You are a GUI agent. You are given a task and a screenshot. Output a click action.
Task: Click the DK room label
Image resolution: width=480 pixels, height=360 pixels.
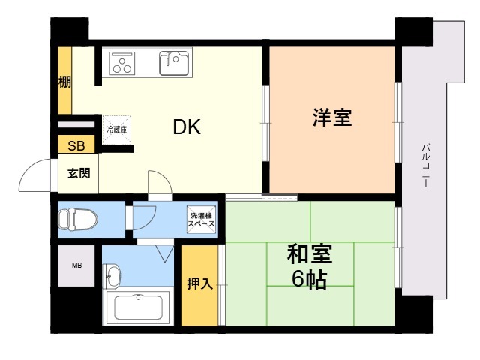pyautogui.click(x=187, y=127)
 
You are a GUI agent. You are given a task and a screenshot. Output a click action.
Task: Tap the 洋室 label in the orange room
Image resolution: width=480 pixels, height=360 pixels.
pyautogui.click(x=332, y=117)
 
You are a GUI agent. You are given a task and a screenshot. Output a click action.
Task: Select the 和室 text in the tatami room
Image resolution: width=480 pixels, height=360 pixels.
pyautogui.click(x=310, y=254)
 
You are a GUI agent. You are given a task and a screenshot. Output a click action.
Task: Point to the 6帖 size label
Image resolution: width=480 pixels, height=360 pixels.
pyautogui.click(x=310, y=279)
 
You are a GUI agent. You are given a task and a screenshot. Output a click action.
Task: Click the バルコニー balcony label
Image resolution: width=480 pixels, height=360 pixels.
pyautogui.click(x=425, y=166)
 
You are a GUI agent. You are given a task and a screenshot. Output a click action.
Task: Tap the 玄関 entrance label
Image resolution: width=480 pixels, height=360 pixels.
pyautogui.click(x=79, y=173)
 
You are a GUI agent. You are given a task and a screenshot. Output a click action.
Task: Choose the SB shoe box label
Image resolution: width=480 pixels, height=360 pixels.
pyautogui.click(x=76, y=146)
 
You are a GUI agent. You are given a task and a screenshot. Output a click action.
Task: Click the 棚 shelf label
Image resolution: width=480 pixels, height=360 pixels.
pyautogui.click(x=64, y=82)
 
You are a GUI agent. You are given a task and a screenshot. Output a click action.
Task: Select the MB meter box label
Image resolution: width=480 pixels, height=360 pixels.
pyautogui.click(x=76, y=265)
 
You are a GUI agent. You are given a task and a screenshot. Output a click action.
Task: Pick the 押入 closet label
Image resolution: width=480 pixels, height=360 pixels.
pyautogui.click(x=200, y=283)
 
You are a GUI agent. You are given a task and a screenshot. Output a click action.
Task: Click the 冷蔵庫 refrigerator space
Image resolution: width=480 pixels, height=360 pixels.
pyautogui.click(x=117, y=130)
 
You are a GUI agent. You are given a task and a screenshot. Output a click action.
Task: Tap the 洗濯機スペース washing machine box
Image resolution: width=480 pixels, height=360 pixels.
pyautogui.click(x=202, y=220)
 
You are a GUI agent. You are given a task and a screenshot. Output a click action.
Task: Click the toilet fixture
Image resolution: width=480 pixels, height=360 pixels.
pyautogui.click(x=78, y=219)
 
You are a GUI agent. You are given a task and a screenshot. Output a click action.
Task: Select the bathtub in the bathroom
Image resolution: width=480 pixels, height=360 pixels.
pyautogui.click(x=138, y=307)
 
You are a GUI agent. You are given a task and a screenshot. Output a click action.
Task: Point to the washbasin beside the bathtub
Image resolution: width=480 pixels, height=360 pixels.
pyautogui.click(x=112, y=276)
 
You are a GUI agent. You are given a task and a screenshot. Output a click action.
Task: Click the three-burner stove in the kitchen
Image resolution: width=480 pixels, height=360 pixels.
pyautogui.click(x=122, y=63)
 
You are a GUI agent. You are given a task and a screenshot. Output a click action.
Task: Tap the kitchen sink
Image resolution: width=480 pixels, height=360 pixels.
pyautogui.click(x=174, y=63)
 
